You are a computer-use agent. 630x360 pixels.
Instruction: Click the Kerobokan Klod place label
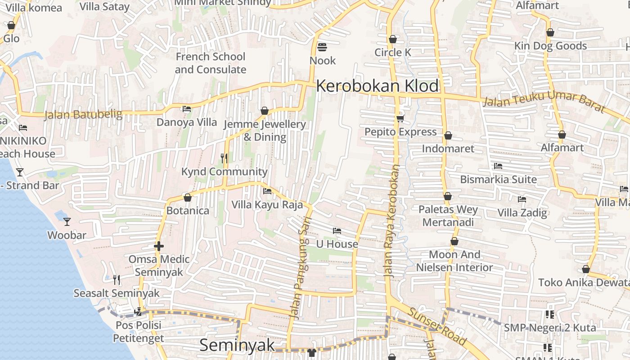coord(377,85)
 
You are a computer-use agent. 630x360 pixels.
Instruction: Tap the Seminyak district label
coord(237,345)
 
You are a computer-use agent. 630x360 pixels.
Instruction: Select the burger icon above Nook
coord(322,47)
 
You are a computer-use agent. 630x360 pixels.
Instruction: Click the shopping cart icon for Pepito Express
coord(400,118)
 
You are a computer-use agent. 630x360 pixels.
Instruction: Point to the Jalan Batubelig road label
coord(83,115)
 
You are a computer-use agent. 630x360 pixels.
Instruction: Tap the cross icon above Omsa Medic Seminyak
coord(158,246)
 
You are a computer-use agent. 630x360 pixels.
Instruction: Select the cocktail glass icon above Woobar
coord(67,221)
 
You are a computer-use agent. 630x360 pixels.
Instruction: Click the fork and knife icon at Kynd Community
coord(224,158)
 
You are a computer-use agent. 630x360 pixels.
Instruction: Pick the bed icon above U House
coord(337,231)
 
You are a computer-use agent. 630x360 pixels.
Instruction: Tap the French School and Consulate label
coord(210,63)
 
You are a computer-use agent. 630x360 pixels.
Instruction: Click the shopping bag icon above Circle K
coord(393,39)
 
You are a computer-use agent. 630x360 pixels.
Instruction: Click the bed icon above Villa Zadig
coord(522,199)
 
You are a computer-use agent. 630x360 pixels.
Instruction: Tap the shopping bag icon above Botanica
coord(188,198)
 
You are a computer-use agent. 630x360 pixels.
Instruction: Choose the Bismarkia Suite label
coord(498,179)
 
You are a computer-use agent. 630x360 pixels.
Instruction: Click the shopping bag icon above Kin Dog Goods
coord(550,32)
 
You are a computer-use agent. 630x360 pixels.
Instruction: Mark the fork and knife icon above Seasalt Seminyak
coord(117,280)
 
